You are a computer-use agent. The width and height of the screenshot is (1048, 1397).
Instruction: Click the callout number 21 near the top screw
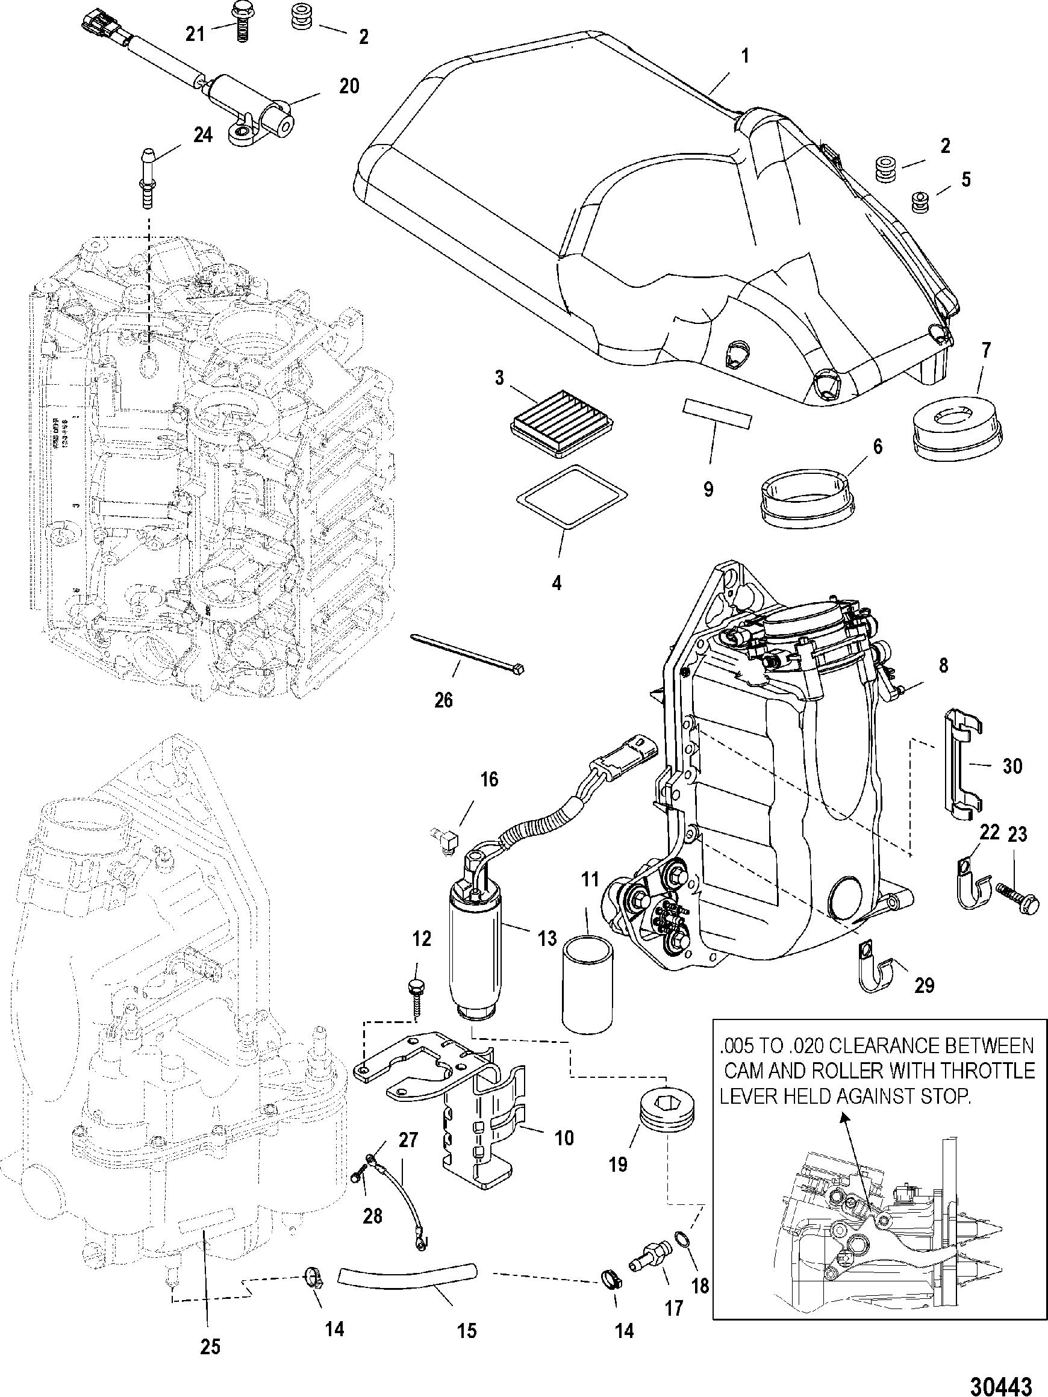pos(195,33)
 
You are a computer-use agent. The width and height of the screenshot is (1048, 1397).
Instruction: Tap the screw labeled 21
pos(240,22)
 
